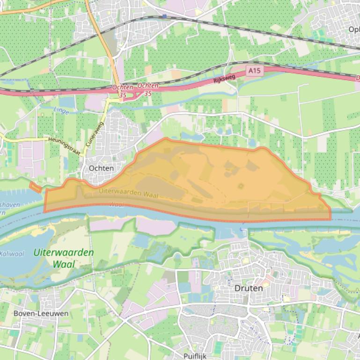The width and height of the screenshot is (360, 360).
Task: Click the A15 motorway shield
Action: click(255, 71)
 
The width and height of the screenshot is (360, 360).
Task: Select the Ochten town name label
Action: click(101, 168)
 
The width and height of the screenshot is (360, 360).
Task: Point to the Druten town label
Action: click(248, 288)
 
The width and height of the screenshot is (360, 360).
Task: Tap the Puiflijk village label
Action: click(195, 356)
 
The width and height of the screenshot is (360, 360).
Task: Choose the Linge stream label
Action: click(61, 112)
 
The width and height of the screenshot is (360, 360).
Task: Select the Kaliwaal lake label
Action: click(12, 254)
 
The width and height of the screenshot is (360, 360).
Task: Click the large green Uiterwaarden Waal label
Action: click(64, 258)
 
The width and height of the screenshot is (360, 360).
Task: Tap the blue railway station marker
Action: click(164, 16)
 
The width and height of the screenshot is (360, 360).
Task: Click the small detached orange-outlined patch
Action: click(35, 187)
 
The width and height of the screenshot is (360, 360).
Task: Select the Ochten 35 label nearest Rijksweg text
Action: click(147, 89)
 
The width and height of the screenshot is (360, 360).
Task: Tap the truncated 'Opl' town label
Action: click(354, 29)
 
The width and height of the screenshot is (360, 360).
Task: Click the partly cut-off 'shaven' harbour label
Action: click(9, 204)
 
